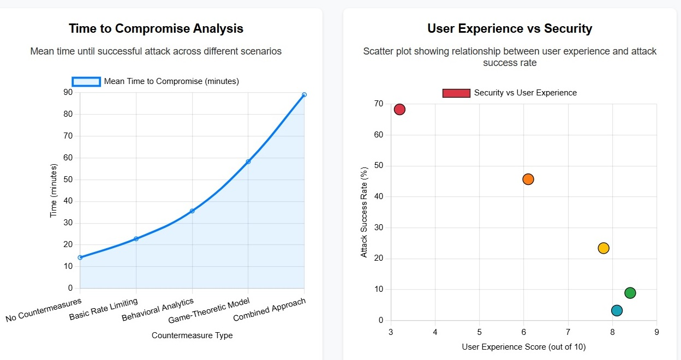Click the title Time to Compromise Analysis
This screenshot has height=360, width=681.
pyautogui.click(x=156, y=28)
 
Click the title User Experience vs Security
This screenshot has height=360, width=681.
pyautogui.click(x=510, y=28)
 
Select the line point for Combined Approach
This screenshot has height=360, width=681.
pyautogui.click(x=304, y=95)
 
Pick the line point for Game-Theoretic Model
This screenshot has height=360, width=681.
pyautogui.click(x=248, y=161)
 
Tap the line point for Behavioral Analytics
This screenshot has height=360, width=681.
pyautogui.click(x=192, y=211)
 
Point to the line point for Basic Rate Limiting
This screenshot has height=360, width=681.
pyautogui.click(x=136, y=239)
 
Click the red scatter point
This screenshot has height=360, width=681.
pyautogui.click(x=399, y=110)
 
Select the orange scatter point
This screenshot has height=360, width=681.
pyautogui.click(x=528, y=179)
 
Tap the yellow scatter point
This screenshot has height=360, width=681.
pyautogui.click(x=603, y=248)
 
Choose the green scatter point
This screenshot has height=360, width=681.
pyautogui.click(x=630, y=293)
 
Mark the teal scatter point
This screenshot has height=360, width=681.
pyautogui.click(x=617, y=310)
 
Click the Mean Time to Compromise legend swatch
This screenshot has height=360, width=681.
pyautogui.click(x=86, y=81)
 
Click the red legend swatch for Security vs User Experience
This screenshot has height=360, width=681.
pyautogui.click(x=456, y=93)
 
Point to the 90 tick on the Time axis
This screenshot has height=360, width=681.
pyautogui.click(x=68, y=92)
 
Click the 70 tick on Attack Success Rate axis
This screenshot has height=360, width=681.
pyautogui.click(x=379, y=104)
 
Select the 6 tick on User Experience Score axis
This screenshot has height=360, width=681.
pyautogui.click(x=524, y=332)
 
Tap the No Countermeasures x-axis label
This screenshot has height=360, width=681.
pyautogui.click(x=44, y=310)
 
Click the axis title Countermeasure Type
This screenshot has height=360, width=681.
pyautogui.click(x=192, y=335)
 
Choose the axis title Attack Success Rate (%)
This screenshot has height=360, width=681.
pyautogui.click(x=365, y=212)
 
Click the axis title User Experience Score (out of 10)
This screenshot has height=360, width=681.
pyautogui.click(x=523, y=347)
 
